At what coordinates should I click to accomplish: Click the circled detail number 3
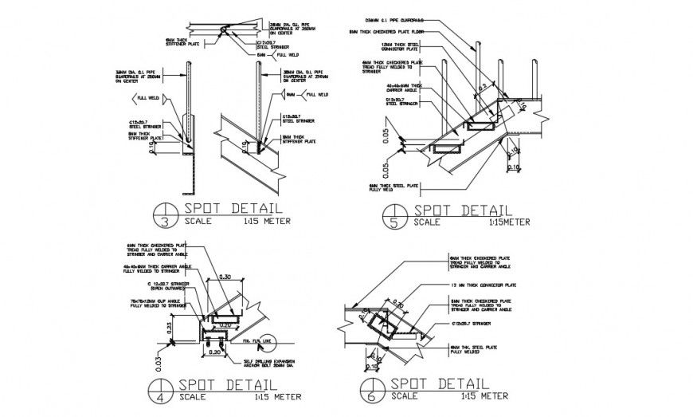(162, 216)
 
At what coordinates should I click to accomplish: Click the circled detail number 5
(393, 216)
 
